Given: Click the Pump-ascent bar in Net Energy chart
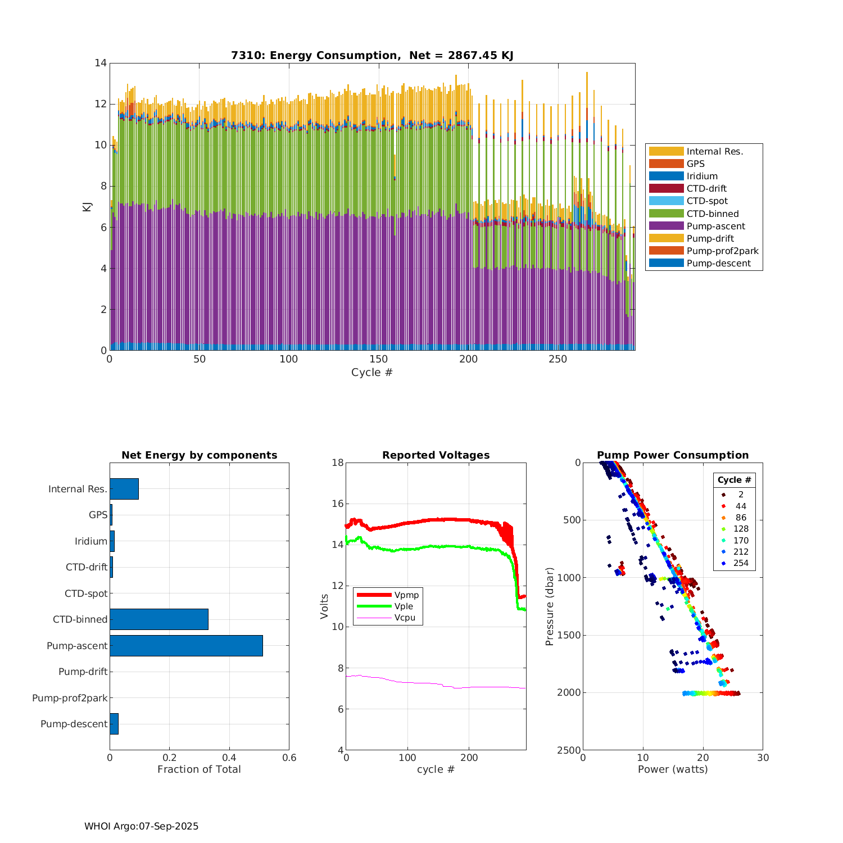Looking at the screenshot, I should (x=186, y=646).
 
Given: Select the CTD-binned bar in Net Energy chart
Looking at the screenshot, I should (x=159, y=619).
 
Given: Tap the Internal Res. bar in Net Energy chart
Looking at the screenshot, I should (x=124, y=489).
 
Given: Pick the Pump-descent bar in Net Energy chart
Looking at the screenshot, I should (x=114, y=724).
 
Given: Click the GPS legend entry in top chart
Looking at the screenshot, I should (x=696, y=164).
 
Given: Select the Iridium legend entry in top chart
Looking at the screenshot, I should (x=702, y=176).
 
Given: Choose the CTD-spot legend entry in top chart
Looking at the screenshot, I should (x=707, y=201).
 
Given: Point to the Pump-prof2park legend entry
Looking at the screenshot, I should (x=722, y=251).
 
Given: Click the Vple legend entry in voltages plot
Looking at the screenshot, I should (x=404, y=606).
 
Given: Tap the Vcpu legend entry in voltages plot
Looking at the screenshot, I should (x=405, y=618).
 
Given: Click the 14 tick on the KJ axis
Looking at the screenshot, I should (x=101, y=63).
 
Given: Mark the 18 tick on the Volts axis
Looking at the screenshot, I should (x=337, y=463).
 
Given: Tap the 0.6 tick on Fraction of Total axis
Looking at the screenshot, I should (x=289, y=758).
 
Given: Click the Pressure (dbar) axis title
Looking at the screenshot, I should (x=550, y=606).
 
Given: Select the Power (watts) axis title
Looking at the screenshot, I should (x=673, y=769).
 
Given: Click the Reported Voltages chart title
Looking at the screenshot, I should (x=436, y=455).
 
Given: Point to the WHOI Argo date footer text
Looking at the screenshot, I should (x=142, y=826).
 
